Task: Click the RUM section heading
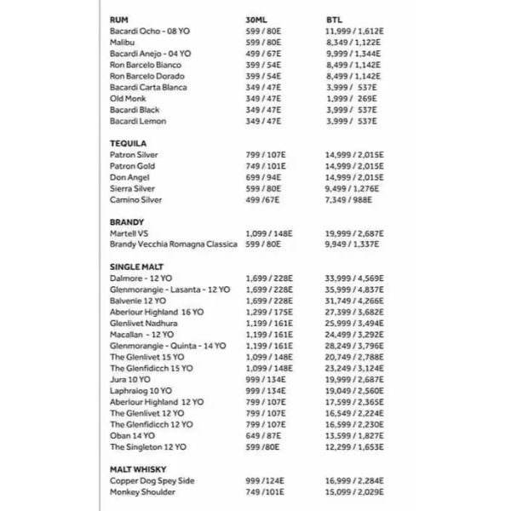[120, 19]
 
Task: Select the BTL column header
[333, 19]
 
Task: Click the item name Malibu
[124, 42]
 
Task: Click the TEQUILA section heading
[129, 143]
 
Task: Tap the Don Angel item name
[130, 177]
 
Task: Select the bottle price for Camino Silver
[355, 199]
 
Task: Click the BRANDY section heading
[127, 222]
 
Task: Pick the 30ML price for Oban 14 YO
[262, 435]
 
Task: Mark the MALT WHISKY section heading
[138, 469]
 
